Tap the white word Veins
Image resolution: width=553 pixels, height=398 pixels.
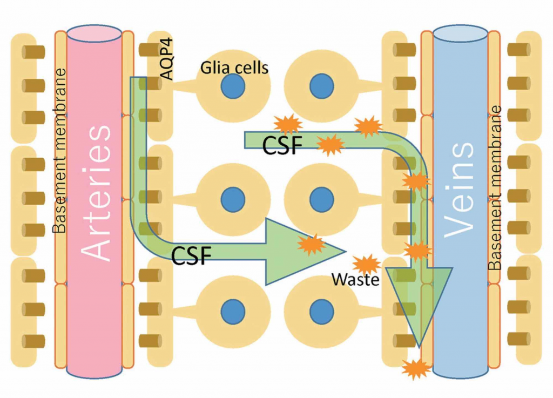click(460, 190)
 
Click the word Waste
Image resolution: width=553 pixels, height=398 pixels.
click(354, 280)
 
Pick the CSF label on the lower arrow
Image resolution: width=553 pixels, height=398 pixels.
click(192, 255)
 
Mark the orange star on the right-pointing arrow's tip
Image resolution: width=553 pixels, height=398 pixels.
click(312, 244)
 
